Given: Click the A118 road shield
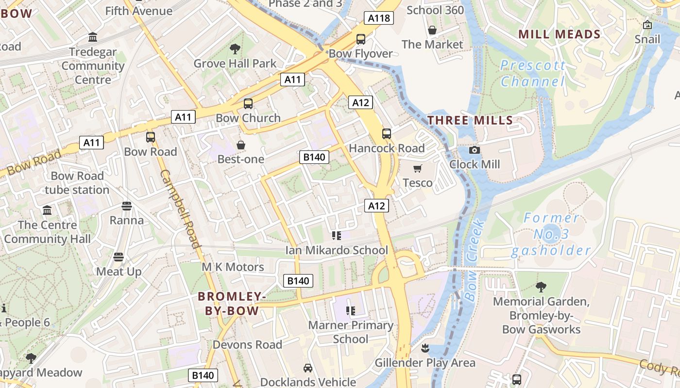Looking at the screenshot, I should (x=378, y=18).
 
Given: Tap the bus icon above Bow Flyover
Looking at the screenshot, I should (x=360, y=39).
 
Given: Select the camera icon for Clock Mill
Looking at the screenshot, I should (x=475, y=150).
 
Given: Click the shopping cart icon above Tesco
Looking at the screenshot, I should (x=417, y=169).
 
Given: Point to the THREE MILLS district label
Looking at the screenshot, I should (x=470, y=120).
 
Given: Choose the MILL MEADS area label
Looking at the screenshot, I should (x=560, y=34).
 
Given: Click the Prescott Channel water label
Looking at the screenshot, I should (x=533, y=73).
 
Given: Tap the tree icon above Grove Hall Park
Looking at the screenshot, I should (x=235, y=49).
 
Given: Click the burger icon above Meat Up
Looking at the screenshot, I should (x=119, y=257).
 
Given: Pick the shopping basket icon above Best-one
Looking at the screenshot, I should (x=240, y=145).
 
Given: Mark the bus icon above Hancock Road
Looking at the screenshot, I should (x=387, y=134).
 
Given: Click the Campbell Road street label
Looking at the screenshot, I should (x=180, y=209).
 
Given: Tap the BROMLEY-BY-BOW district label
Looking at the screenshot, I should (x=232, y=304).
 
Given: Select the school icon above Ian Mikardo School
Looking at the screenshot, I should (x=336, y=236).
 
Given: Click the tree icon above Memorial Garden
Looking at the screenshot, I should (x=541, y=287).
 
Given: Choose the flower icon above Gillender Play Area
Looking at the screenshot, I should (x=425, y=348).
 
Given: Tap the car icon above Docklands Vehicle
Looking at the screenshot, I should (x=308, y=368).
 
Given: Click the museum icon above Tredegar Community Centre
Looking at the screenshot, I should (x=93, y=37).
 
